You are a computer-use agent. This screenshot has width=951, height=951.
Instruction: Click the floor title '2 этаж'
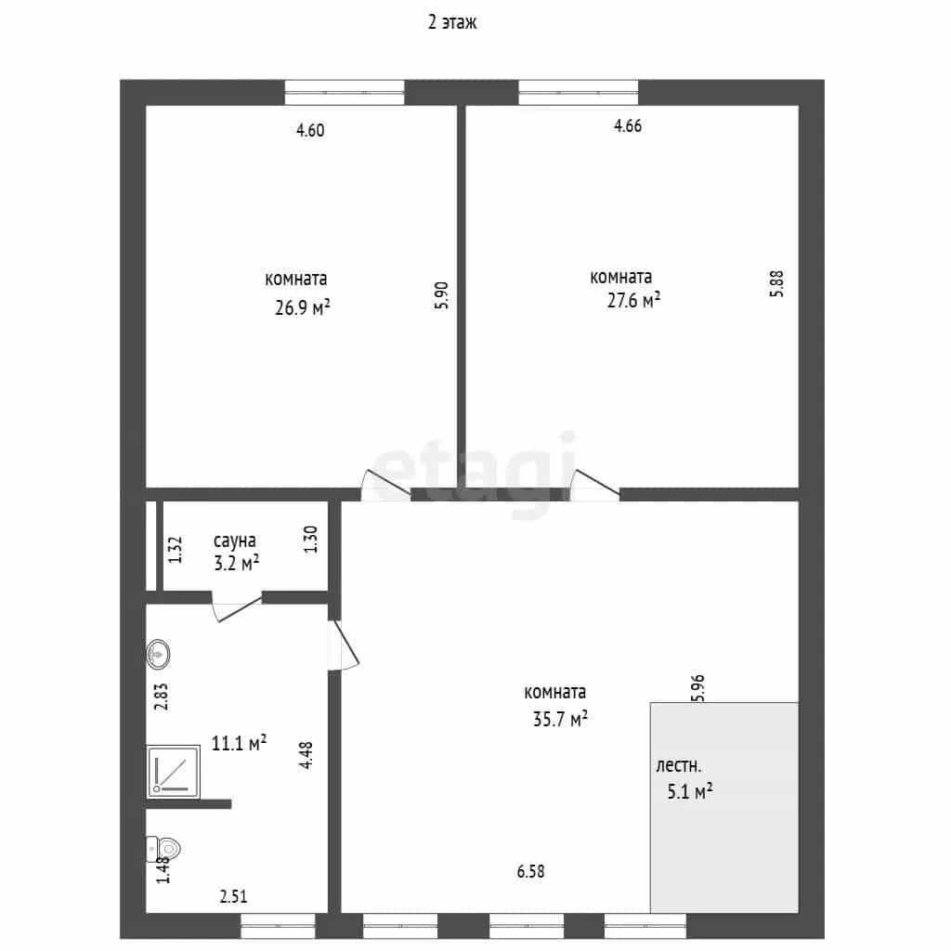pyautogui.click(x=452, y=22)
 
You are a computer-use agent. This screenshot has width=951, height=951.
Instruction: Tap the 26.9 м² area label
pyautogui.click(x=302, y=307)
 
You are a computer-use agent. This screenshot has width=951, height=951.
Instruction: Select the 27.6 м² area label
pyautogui.click(x=633, y=300)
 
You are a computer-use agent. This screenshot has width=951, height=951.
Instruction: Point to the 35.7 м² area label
pyautogui.click(x=560, y=719)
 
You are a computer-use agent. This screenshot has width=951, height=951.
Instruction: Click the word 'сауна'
pyautogui.click(x=235, y=541)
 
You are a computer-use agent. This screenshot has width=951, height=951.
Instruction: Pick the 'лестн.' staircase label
pyautogui.click(x=678, y=765)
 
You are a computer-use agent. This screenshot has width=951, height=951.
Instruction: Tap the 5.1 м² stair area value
pyautogui.click(x=690, y=791)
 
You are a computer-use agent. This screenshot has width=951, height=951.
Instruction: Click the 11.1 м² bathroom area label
pyautogui.click(x=239, y=743)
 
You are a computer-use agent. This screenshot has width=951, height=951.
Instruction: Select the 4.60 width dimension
pyautogui.click(x=310, y=130)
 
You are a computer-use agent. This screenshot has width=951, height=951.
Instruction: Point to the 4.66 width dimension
pyautogui.click(x=628, y=125)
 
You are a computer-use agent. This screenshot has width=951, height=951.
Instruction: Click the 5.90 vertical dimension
pyautogui.click(x=441, y=295)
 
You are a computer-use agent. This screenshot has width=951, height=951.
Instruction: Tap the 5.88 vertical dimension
pyautogui.click(x=776, y=283)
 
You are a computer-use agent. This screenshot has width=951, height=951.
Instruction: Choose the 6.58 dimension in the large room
pyautogui.click(x=530, y=871)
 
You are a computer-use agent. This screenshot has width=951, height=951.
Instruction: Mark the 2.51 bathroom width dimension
pyautogui.click(x=233, y=896)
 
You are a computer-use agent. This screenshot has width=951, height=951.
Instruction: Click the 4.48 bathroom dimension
pyautogui.click(x=306, y=755)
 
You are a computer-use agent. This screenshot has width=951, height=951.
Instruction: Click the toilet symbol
pyautogui.click(x=163, y=849)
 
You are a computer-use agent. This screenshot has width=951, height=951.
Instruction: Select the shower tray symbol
pyautogui.click(x=174, y=772)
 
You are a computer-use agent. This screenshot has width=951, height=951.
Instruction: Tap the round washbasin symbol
pyautogui.click(x=158, y=655)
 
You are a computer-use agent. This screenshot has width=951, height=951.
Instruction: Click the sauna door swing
pyautogui.click(x=237, y=607)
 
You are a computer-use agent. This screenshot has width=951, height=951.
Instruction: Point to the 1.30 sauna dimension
pyautogui.click(x=310, y=540)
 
